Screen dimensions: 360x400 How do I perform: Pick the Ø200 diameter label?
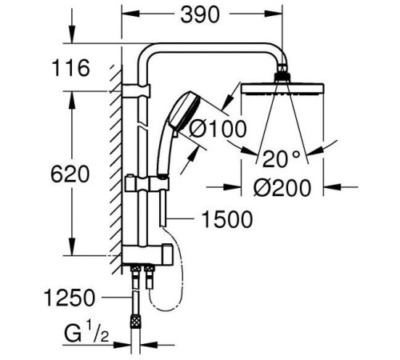pos(278,187)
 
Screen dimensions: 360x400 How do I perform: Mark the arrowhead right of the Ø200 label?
pos(325,187)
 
